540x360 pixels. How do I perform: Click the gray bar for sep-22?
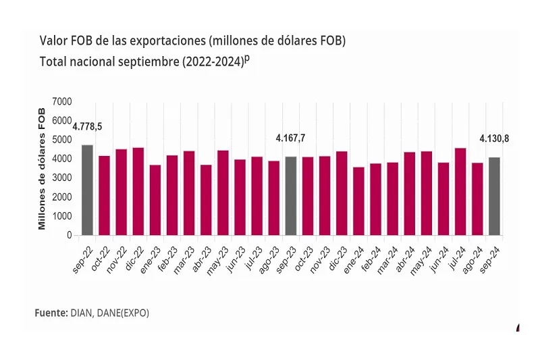click(x=87, y=190)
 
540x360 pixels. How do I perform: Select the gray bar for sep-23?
click(x=291, y=196)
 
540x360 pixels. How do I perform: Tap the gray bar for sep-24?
click(x=494, y=197)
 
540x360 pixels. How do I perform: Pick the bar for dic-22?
click(x=138, y=192)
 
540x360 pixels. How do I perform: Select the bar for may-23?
click(x=223, y=193)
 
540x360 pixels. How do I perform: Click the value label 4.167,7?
click(x=291, y=138)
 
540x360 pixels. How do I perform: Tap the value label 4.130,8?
click(x=494, y=138)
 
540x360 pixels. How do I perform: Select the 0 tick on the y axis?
click(x=70, y=236)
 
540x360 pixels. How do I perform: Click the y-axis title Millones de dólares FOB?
click(x=42, y=168)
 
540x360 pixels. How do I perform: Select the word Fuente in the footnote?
click(x=50, y=313)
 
